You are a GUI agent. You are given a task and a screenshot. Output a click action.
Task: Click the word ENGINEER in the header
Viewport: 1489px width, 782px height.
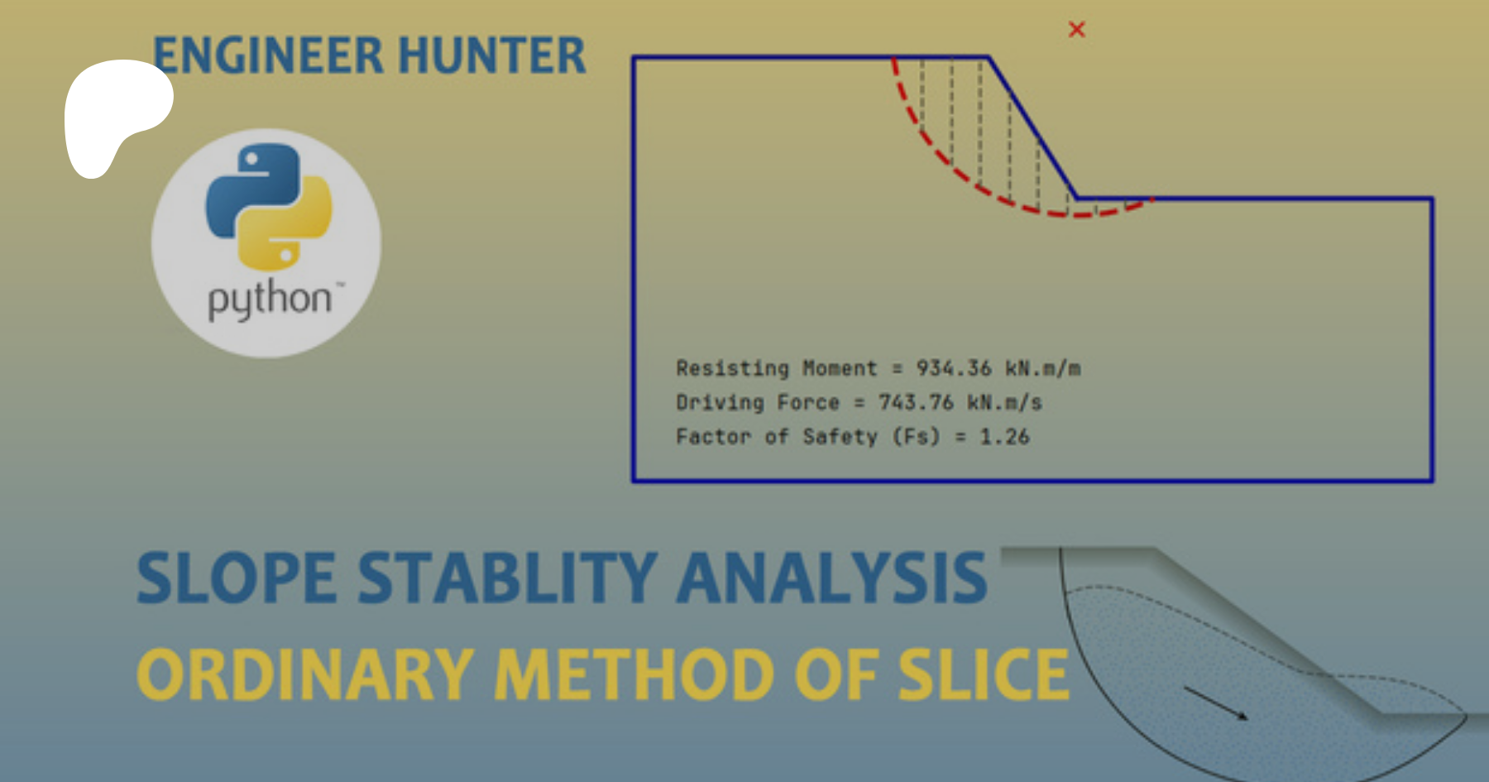[268, 55]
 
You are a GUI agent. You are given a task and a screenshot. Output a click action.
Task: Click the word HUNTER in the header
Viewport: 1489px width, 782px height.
[492, 55]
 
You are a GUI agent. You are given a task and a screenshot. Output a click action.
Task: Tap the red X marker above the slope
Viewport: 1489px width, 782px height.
[1076, 30]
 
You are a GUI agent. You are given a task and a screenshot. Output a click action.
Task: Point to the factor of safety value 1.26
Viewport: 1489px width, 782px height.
[1004, 436]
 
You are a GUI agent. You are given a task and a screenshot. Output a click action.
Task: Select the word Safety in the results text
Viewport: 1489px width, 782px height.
[840, 437]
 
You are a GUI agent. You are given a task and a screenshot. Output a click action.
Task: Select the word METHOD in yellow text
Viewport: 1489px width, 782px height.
[634, 674]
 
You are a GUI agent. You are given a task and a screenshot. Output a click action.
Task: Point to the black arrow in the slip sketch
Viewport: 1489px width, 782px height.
[1216, 703]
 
